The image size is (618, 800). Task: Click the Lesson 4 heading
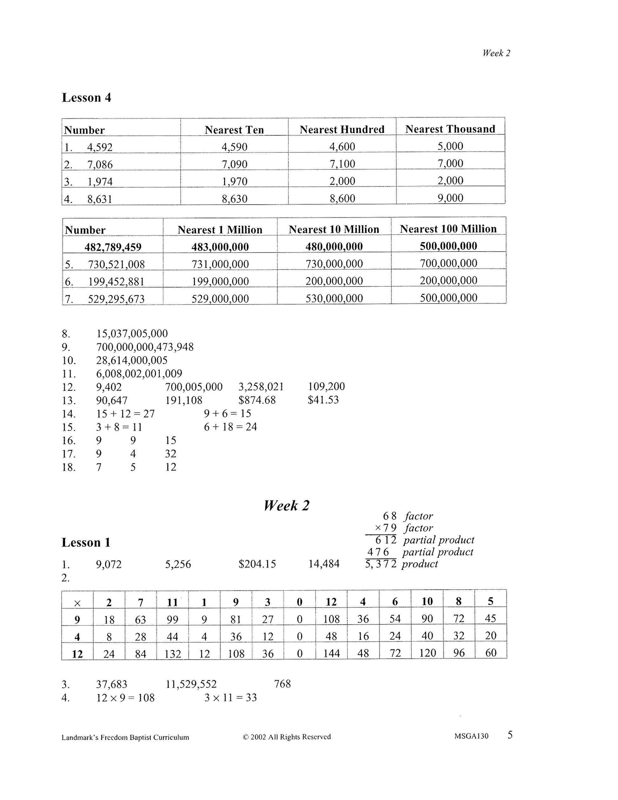[x=86, y=98]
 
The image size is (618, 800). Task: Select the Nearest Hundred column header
[x=342, y=129]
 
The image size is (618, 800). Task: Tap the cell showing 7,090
[x=234, y=164]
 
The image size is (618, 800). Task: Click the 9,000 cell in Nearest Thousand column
[x=450, y=198]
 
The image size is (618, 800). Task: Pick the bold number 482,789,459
[x=113, y=247]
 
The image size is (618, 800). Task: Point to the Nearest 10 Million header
[x=334, y=229]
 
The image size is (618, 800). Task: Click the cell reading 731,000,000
[x=220, y=264]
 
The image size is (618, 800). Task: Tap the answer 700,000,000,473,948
[x=145, y=347]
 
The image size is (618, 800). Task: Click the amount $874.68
[x=257, y=400]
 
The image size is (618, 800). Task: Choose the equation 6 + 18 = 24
[x=231, y=427]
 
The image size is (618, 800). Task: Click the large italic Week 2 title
[x=287, y=505]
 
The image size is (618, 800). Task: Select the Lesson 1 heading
[x=86, y=542]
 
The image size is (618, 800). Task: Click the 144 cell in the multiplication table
[x=331, y=653]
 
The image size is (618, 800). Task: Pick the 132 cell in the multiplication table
[x=172, y=653]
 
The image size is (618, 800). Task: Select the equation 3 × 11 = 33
[x=231, y=698]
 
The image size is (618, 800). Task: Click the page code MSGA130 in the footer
[x=471, y=736]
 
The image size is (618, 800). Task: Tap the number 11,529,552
[x=191, y=684]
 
